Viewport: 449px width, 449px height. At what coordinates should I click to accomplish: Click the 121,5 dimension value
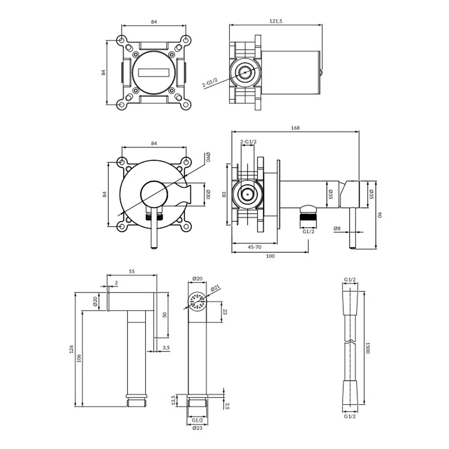point(276,21)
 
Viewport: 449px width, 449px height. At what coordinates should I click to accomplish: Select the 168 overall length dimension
point(295,128)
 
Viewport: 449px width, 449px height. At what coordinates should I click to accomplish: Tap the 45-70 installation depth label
point(254,247)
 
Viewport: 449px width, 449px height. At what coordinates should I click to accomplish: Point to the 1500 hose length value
point(368,348)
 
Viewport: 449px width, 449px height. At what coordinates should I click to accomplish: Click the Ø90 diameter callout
point(208,157)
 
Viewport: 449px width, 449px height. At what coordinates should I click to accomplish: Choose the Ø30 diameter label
point(208,194)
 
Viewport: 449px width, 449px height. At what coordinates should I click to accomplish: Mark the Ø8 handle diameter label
point(337,229)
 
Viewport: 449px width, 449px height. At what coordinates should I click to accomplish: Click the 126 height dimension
point(71,349)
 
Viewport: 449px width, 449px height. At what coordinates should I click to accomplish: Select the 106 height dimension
point(79,358)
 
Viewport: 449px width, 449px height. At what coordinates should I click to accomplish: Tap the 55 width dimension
point(132,271)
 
